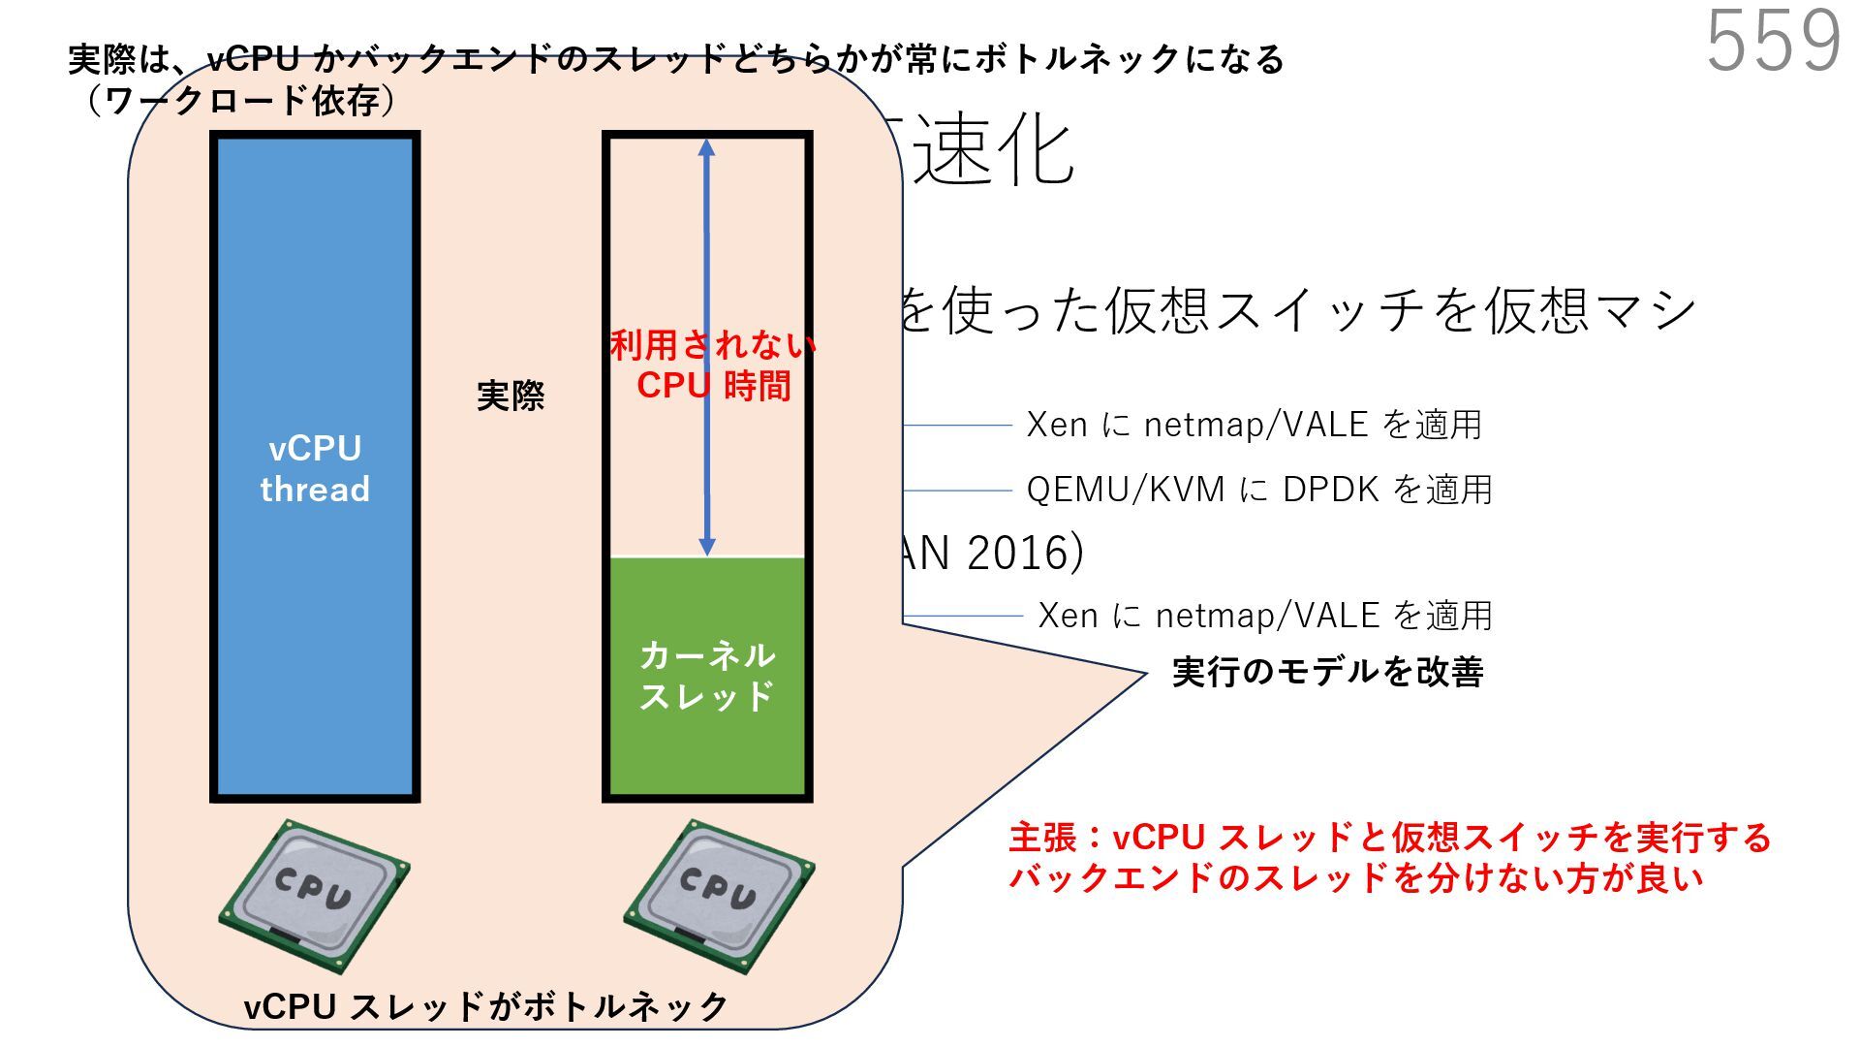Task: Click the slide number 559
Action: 1773,41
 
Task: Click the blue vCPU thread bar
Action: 315,630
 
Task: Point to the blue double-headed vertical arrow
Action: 707,242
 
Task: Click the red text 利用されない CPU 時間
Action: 713,365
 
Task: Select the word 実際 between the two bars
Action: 511,396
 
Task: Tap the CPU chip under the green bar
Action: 718,894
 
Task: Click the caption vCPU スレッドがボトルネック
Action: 485,1006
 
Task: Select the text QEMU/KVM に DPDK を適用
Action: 1258,490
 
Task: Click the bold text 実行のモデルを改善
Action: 1327,672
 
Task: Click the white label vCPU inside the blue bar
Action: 315,449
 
